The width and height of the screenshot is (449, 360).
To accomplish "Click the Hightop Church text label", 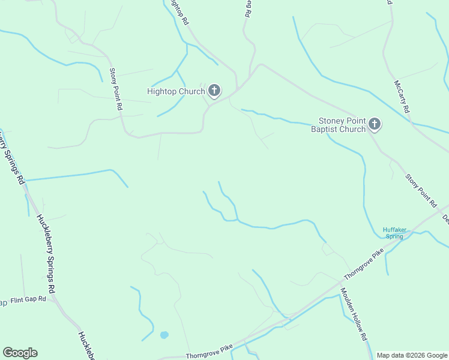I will pyautogui.click(x=175, y=91).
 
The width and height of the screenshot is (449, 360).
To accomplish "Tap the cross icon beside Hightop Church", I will pyautogui.click(x=214, y=91).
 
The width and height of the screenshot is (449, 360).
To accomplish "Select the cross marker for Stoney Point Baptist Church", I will pyautogui.click(x=375, y=124).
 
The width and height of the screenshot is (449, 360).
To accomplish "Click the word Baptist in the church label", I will pyautogui.click(x=325, y=129).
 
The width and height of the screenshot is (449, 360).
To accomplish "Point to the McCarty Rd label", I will pyautogui.click(x=401, y=97).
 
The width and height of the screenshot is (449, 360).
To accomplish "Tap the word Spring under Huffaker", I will pyautogui.click(x=394, y=236).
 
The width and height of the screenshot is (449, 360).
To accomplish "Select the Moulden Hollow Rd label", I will pyautogui.click(x=354, y=314).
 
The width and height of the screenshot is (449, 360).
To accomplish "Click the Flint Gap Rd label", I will pyautogui.click(x=28, y=299).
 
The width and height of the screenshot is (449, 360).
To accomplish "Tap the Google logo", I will pyautogui.click(x=20, y=353).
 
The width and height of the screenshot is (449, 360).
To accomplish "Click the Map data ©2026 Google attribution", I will pyautogui.click(x=412, y=355).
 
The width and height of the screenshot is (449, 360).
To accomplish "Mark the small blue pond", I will pyautogui.click(x=164, y=335).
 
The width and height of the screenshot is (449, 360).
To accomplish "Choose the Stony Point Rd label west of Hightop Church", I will pyautogui.click(x=116, y=89).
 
